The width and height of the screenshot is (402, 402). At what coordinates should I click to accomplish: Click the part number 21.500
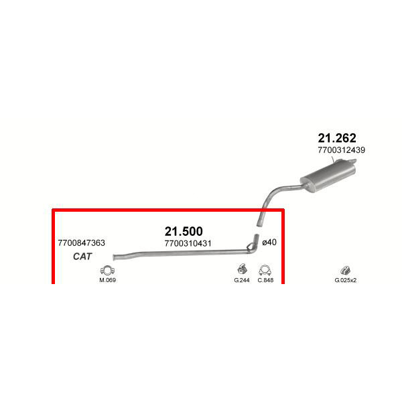point(184,232)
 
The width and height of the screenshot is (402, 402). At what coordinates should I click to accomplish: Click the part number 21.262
point(337,137)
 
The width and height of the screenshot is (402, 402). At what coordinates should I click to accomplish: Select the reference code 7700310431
point(188,243)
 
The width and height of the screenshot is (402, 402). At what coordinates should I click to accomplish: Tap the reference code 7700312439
point(342,150)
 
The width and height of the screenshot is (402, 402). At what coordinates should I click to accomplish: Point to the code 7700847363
point(82,243)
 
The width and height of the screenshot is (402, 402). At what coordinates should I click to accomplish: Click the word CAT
point(82,257)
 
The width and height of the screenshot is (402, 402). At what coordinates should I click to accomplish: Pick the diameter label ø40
point(269,243)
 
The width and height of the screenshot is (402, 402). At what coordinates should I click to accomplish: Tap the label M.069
point(107,280)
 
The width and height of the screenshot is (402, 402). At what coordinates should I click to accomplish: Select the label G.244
point(241,280)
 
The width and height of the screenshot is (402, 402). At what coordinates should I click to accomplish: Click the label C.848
point(265,280)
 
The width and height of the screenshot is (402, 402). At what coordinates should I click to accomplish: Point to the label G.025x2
point(346,280)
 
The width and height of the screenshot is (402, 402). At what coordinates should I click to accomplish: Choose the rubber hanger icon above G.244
point(241,269)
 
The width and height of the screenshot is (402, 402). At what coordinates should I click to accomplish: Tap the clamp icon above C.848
point(265,270)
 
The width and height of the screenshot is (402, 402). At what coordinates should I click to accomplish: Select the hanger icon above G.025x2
point(346,270)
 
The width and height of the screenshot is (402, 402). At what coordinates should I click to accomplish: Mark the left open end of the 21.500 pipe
point(115,256)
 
